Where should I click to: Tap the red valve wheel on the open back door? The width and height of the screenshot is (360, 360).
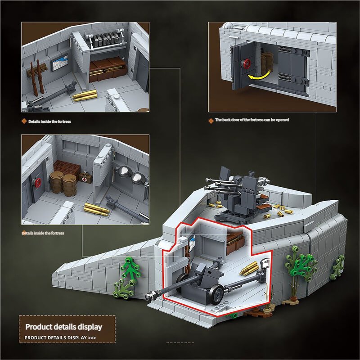[x=247, y=64]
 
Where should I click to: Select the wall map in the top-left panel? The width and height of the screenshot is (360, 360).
[x=59, y=63]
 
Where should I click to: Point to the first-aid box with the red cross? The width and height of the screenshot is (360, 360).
[x=85, y=177]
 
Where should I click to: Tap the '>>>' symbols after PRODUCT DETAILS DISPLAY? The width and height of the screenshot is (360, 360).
[x=92, y=338]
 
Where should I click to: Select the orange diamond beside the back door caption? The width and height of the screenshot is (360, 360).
[x=211, y=121]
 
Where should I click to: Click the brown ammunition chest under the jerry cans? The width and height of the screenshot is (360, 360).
[x=108, y=69]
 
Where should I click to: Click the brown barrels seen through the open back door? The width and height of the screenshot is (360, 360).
[x=266, y=63]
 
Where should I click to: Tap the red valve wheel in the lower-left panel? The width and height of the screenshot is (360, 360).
[x=38, y=183]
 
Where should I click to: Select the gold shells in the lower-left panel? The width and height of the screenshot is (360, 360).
[x=97, y=209]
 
